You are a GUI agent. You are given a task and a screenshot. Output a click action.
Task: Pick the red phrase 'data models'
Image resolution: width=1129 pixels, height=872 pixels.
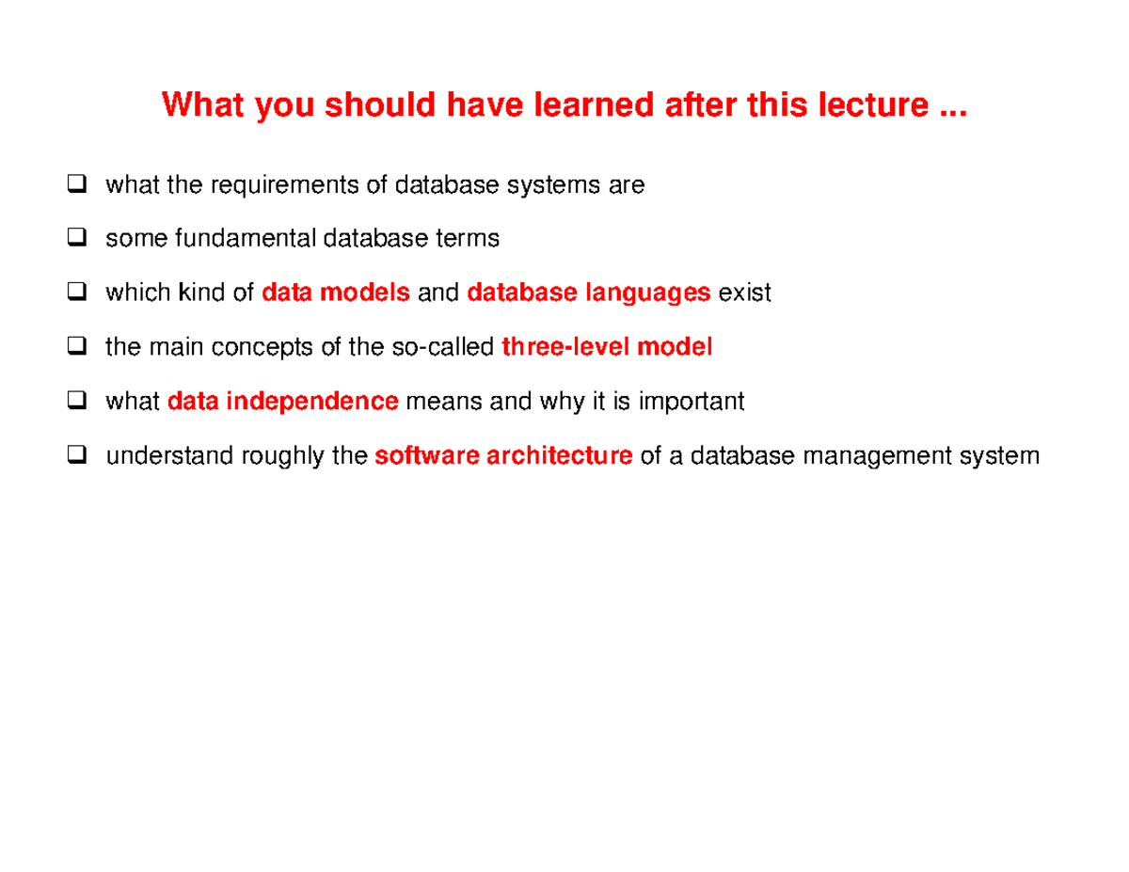[x=336, y=293]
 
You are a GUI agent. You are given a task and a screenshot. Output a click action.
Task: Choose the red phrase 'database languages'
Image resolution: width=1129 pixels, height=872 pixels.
[x=589, y=293]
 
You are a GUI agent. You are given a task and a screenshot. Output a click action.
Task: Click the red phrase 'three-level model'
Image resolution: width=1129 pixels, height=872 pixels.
[x=607, y=348]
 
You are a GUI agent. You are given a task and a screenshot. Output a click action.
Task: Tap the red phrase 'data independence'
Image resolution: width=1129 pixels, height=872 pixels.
[x=282, y=403]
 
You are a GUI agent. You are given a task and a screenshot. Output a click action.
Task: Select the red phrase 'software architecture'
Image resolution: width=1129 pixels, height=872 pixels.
[x=503, y=457]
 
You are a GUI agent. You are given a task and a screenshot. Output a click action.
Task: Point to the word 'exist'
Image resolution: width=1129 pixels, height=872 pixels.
[x=744, y=293]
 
